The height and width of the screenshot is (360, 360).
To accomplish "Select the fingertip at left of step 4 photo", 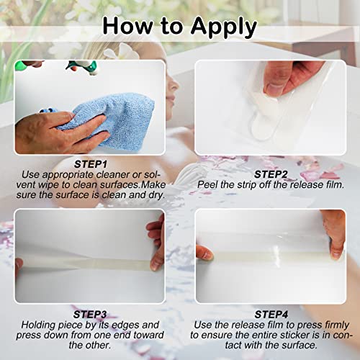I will pyautogui.click(x=204, y=252).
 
